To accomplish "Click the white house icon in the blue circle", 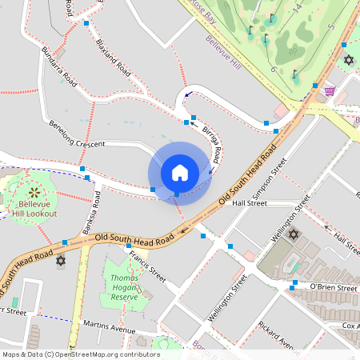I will pos(179,172).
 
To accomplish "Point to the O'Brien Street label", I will pos(332,287).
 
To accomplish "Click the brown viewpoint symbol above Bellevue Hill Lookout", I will pos(34,191).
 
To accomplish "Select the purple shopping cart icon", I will pos(330,90).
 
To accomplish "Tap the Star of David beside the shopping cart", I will pos(348,60).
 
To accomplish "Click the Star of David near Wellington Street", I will pos(293,234).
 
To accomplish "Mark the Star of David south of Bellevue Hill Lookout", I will pos(60,261).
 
